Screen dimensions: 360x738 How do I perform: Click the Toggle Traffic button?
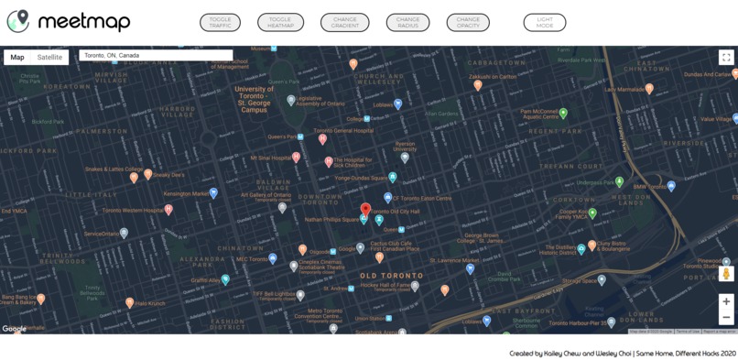tap(220, 22)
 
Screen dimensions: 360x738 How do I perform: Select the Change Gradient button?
tap(344, 22)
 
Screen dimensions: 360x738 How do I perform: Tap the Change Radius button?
tap(407, 22)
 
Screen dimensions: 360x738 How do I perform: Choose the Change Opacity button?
tap(468, 22)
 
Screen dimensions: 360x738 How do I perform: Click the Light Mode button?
tap(545, 22)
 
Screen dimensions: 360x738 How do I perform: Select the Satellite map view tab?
tap(49, 57)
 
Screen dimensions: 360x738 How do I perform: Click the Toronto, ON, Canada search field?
tap(156, 56)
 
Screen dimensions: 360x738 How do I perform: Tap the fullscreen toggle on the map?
tap(726, 57)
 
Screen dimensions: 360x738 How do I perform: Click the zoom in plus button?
tap(726, 301)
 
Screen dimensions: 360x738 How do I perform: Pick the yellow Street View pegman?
tap(726, 273)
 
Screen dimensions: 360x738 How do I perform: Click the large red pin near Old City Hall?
tap(365, 210)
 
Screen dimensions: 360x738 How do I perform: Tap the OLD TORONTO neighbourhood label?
tap(391, 275)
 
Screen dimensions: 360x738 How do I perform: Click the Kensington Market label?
tap(186, 193)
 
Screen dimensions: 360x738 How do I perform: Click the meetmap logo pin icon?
tap(17, 21)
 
